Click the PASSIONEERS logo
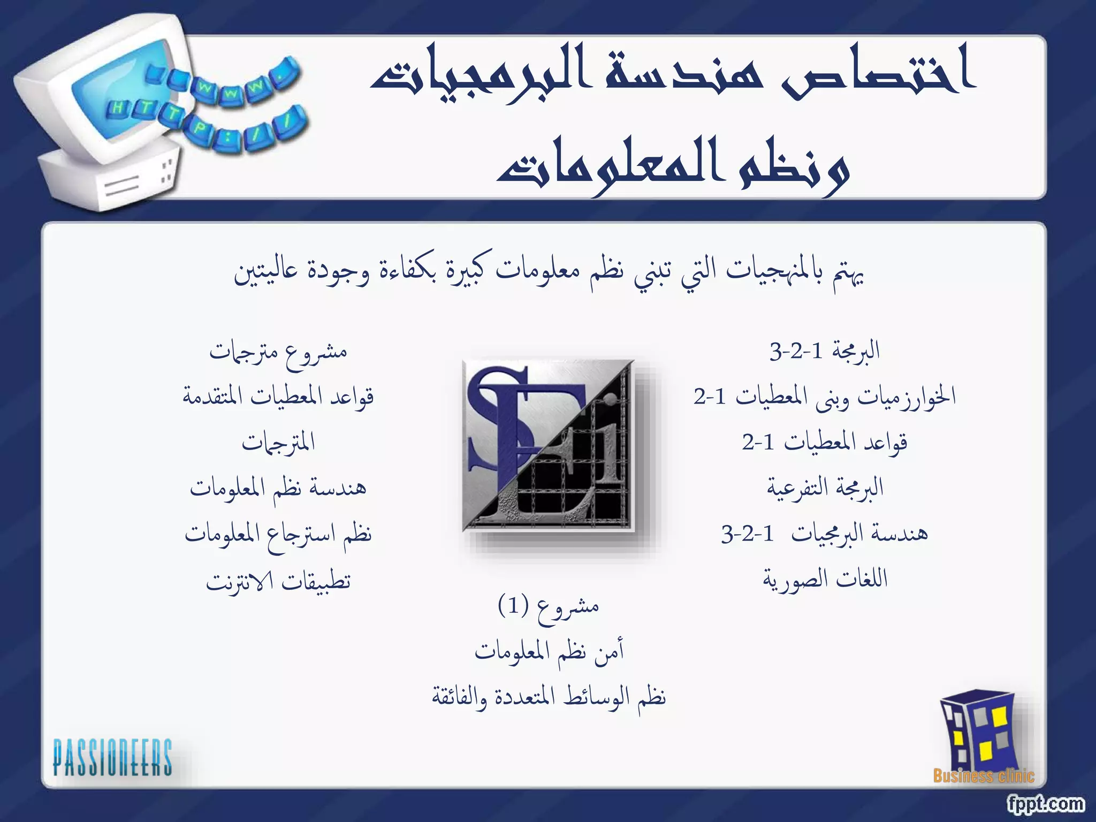point(112,757)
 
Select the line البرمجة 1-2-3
point(825,351)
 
